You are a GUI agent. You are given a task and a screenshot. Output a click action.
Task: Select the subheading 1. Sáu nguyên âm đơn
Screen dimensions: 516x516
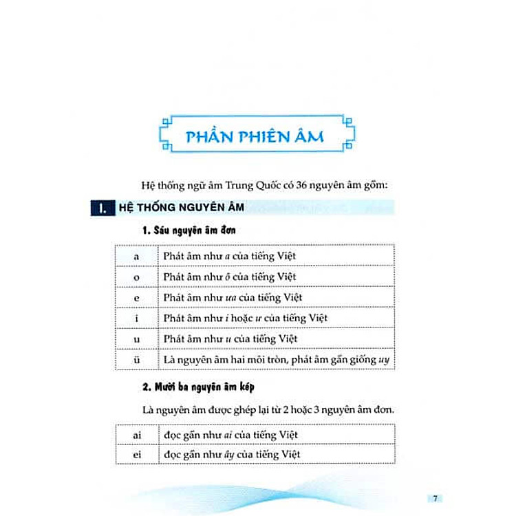click(x=189, y=231)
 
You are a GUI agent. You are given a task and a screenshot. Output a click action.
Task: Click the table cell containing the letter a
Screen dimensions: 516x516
click(x=136, y=256)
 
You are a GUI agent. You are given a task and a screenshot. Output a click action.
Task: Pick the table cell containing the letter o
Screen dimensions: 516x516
click(x=136, y=277)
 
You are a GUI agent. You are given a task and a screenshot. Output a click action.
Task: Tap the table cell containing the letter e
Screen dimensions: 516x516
click(x=136, y=297)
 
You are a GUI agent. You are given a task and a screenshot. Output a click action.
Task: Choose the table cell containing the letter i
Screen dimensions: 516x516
click(x=136, y=318)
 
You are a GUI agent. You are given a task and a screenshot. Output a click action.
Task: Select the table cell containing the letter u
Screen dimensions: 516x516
click(x=136, y=338)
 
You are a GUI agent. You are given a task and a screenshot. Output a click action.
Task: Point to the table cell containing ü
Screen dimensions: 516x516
click(x=136, y=359)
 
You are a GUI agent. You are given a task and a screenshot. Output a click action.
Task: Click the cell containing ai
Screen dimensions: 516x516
click(x=136, y=435)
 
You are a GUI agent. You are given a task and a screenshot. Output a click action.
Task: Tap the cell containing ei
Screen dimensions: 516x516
click(x=136, y=455)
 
